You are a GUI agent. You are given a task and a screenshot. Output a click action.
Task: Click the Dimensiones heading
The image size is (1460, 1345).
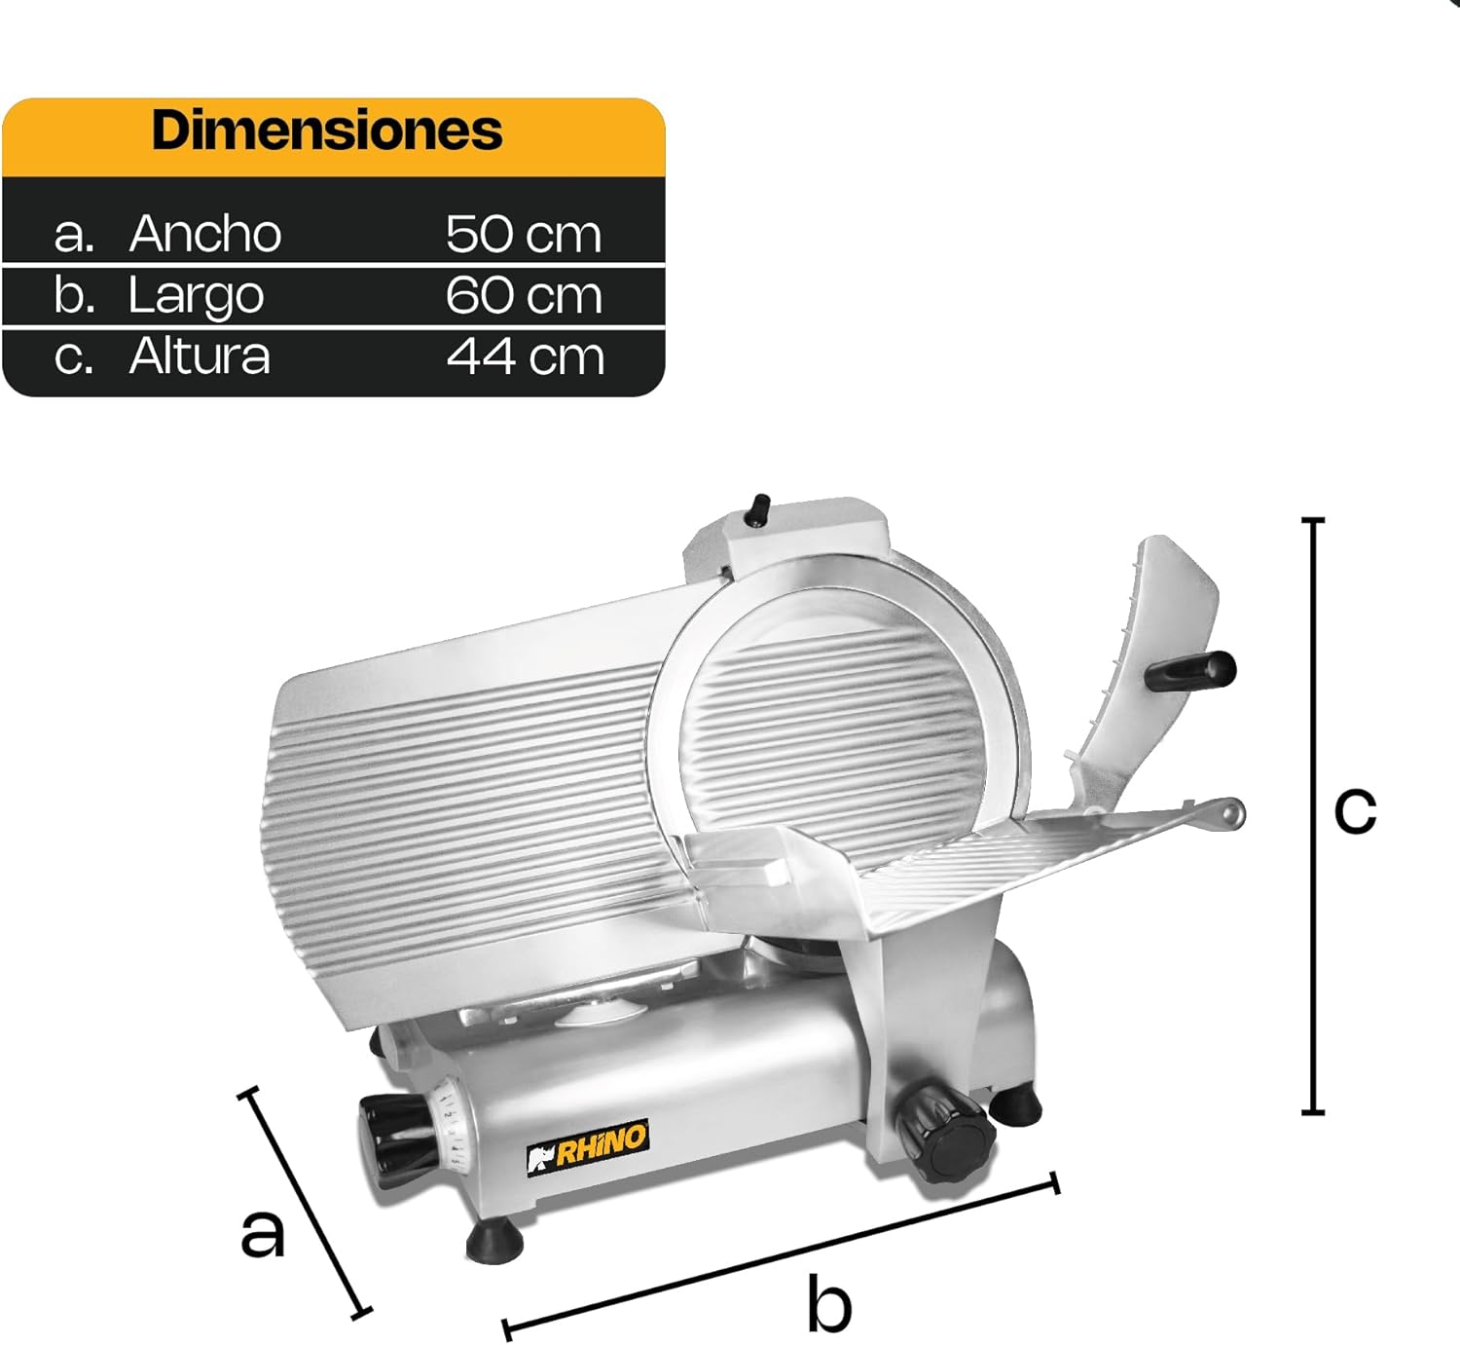pos(327,131)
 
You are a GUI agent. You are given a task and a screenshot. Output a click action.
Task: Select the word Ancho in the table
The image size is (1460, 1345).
pos(205,234)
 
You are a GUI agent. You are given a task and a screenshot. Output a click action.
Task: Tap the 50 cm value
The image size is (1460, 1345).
pos(524,235)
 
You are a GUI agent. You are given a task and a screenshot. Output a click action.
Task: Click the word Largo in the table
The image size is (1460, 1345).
pos(196,296)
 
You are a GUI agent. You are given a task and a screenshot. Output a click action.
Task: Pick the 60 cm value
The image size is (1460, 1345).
pos(524,296)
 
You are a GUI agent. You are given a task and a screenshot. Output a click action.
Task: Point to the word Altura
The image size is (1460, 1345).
pos(200,356)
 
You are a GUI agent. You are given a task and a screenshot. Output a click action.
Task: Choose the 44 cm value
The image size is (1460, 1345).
pos(526,357)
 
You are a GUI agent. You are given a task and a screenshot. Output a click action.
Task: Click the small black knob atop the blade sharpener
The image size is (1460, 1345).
pos(757,509)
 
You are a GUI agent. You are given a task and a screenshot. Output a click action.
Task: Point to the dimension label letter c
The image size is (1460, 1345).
pos(1355,808)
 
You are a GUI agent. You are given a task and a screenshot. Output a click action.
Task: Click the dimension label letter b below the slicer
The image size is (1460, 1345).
pos(829,1305)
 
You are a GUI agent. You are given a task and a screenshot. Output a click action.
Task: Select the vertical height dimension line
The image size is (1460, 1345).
pos(1313,816)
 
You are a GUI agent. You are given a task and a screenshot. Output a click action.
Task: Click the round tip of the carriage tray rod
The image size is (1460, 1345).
pos(1232,812)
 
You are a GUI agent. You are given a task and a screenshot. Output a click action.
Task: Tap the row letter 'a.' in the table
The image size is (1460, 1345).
pos(74,235)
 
